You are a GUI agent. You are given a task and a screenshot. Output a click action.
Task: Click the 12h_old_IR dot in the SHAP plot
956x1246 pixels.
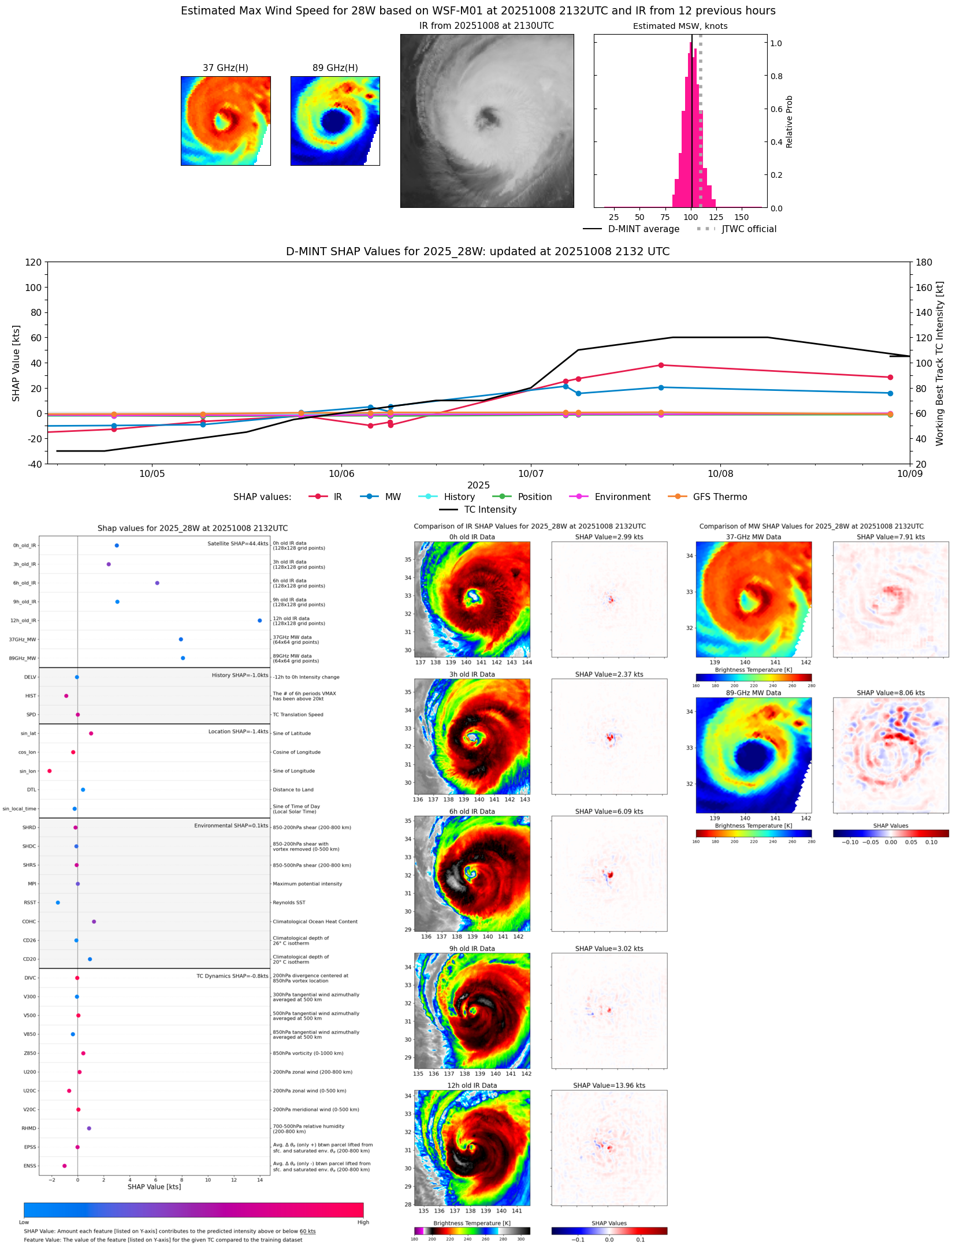click(x=260, y=621)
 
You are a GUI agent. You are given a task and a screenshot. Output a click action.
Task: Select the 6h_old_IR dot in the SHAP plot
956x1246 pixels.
click(x=157, y=583)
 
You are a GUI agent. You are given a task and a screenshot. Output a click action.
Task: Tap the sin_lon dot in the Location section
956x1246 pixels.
click(x=50, y=771)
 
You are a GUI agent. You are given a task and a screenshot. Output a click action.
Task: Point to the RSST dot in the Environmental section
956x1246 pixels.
click(x=58, y=902)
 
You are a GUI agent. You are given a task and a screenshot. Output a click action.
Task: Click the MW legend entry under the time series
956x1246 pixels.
click(x=392, y=497)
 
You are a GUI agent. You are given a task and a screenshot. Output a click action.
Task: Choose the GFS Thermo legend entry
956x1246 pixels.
click(x=719, y=497)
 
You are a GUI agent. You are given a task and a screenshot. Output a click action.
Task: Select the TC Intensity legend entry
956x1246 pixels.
click(x=490, y=510)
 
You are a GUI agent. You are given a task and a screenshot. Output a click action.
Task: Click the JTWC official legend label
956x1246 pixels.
click(x=749, y=229)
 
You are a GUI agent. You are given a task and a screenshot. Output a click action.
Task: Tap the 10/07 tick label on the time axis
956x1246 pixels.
click(x=531, y=474)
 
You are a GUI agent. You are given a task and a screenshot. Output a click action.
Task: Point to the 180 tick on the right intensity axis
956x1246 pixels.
click(x=924, y=263)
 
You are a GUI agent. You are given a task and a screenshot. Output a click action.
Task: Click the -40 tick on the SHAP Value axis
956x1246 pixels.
click(x=34, y=464)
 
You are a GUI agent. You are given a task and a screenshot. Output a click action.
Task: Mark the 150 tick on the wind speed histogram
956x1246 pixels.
click(x=742, y=218)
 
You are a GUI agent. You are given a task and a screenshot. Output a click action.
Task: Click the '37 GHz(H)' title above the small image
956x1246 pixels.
click(x=225, y=68)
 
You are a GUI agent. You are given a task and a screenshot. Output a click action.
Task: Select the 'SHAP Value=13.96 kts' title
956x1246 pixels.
click(x=609, y=1085)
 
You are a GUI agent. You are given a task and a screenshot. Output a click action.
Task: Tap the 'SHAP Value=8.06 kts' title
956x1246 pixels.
click(x=890, y=693)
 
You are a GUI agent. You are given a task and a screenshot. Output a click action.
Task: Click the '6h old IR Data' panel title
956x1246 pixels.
click(x=472, y=812)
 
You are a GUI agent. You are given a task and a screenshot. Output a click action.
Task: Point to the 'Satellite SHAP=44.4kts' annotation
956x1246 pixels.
click(x=237, y=544)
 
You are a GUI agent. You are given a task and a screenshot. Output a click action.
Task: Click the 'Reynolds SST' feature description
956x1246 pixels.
click(x=289, y=902)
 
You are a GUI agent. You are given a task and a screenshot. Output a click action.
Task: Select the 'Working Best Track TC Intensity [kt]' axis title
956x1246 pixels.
click(x=939, y=363)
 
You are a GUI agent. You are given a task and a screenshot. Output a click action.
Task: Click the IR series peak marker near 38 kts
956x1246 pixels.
click(x=661, y=365)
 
